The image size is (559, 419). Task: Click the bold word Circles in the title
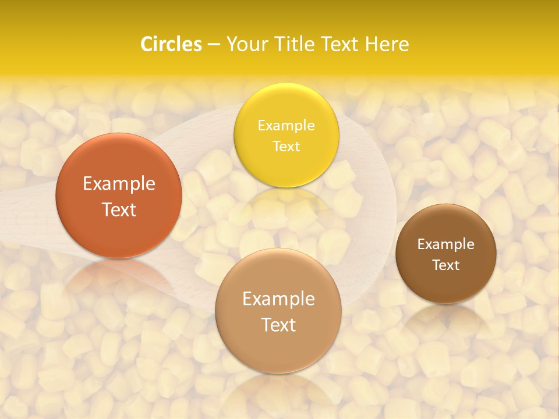click(171, 44)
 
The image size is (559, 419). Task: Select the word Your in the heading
click(246, 44)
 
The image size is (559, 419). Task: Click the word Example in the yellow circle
click(286, 125)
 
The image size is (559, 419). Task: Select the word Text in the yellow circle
click(286, 146)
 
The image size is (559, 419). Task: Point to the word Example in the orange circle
click(119, 184)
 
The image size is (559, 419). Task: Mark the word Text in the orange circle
click(119, 210)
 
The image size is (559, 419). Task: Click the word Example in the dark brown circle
click(446, 244)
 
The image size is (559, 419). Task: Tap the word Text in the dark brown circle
click(446, 265)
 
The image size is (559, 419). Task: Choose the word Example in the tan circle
click(278, 299)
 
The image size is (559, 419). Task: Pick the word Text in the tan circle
click(278, 325)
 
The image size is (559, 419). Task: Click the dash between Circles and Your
click(213, 44)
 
